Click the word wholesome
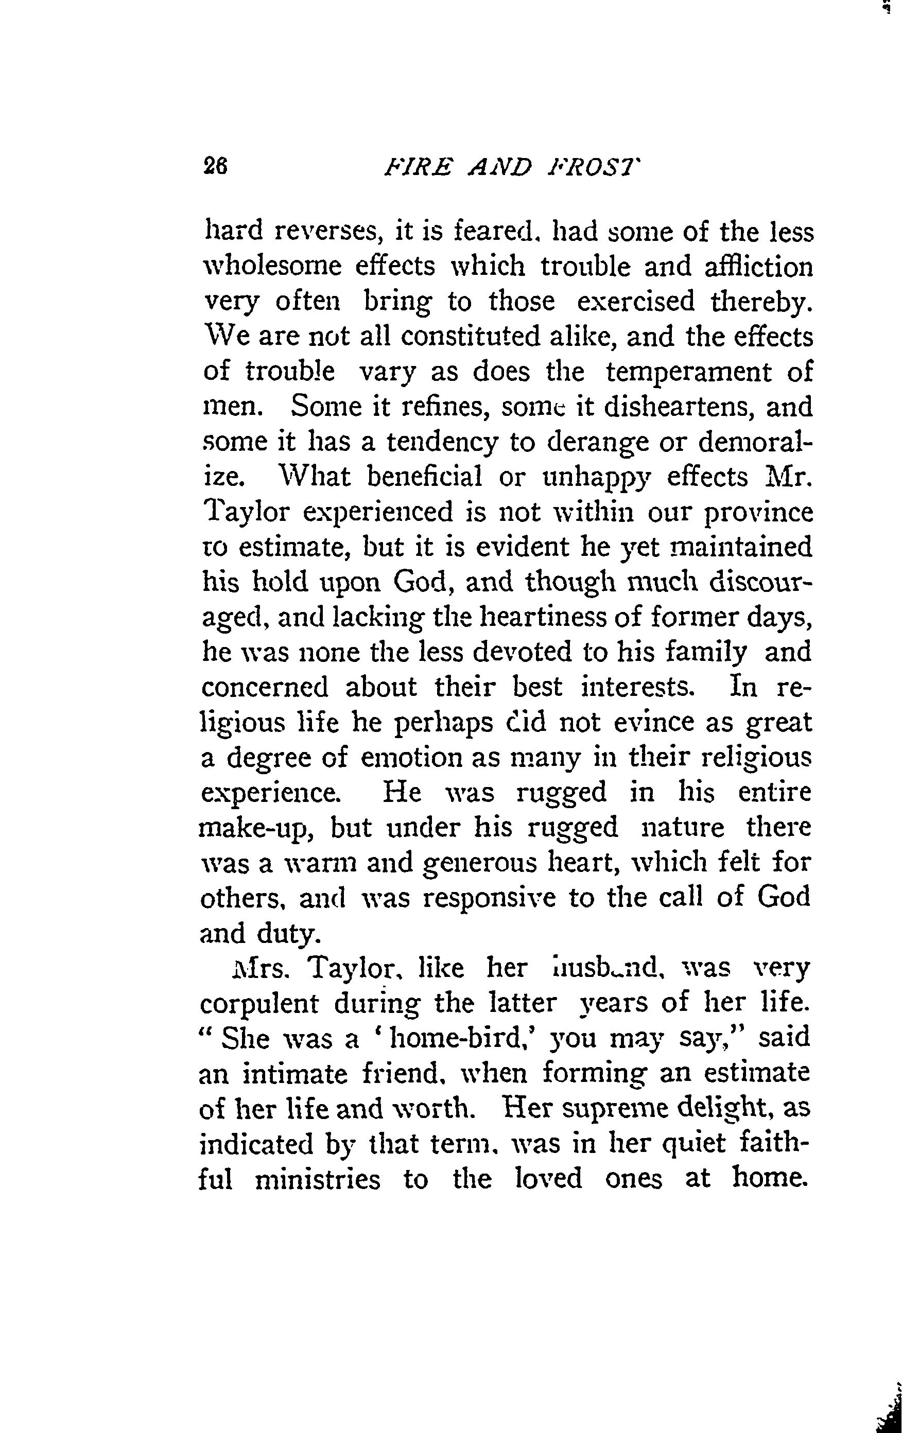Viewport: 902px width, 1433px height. coord(273,267)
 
